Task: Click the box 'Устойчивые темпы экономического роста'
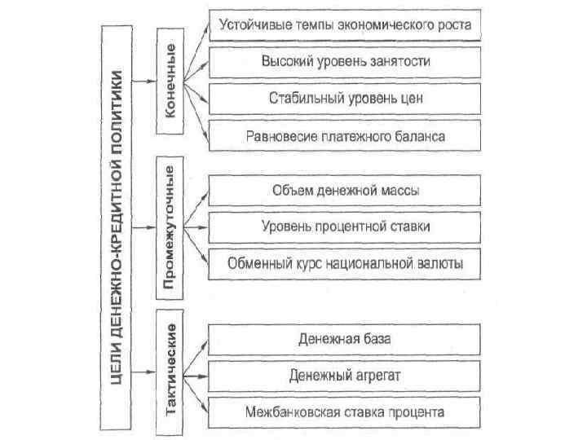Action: [346, 25]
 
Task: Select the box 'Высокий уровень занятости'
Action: [346, 62]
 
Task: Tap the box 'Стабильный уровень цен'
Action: [346, 99]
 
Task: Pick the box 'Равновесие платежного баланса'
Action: [346, 136]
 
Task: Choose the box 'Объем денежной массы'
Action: [346, 191]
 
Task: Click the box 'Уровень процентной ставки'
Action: [346, 227]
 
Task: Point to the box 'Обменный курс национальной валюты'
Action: [346, 263]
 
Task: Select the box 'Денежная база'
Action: [346, 338]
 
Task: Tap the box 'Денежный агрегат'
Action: [346, 375]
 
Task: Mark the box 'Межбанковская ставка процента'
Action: [346, 411]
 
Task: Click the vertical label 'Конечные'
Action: [170, 80]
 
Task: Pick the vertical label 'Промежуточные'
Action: [170, 227]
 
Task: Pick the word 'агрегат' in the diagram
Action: [376, 375]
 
